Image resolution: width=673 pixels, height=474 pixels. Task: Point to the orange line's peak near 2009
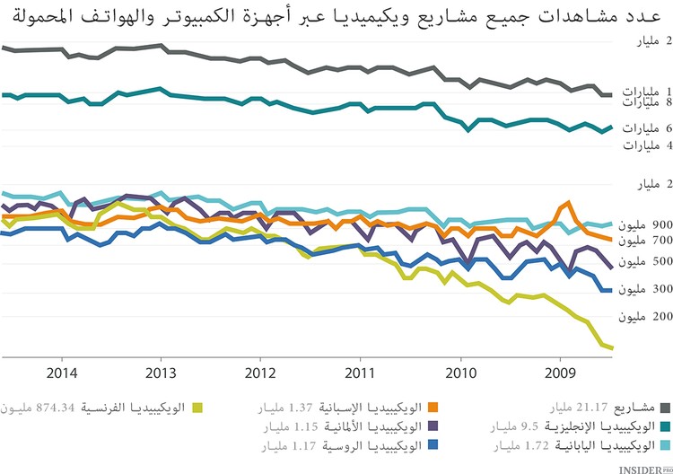[569, 203]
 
